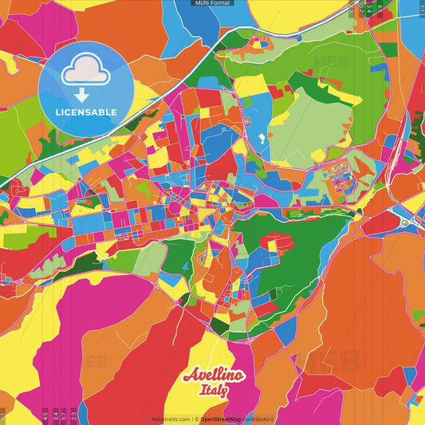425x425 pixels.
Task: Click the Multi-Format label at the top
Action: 213,3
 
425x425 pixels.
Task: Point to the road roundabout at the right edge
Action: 405,222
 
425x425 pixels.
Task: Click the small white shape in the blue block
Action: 262,138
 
